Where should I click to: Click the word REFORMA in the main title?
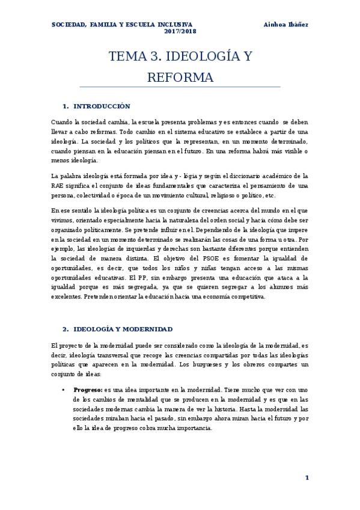180,78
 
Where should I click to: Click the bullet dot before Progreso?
64,373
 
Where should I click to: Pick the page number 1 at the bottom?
307,478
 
